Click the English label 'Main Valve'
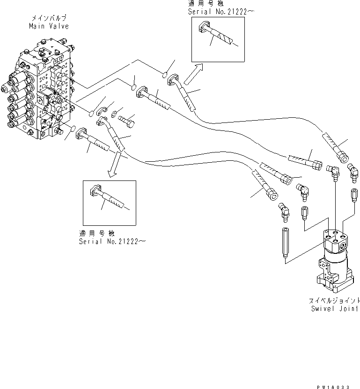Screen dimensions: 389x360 click(48, 26)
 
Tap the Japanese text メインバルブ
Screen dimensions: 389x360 click(48, 19)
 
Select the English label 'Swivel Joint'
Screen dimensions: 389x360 click(335, 309)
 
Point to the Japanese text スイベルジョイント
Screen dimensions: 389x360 click(335, 300)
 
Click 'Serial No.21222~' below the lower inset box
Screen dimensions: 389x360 click(112, 241)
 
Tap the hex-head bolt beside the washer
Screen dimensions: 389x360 click(127, 120)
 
